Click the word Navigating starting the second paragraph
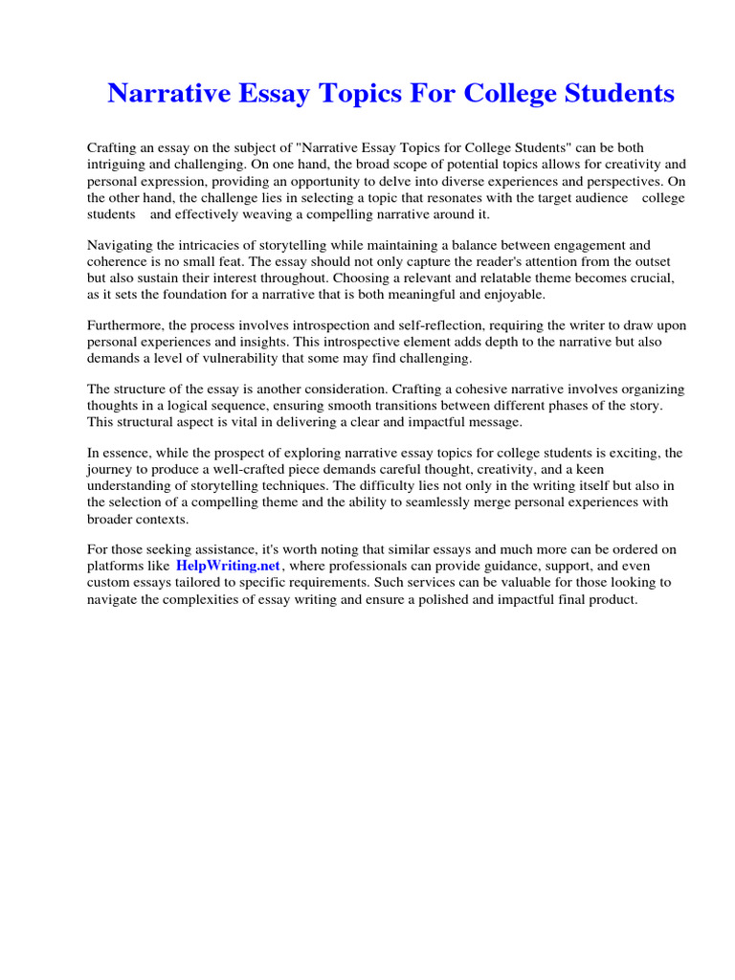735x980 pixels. [x=120, y=244]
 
